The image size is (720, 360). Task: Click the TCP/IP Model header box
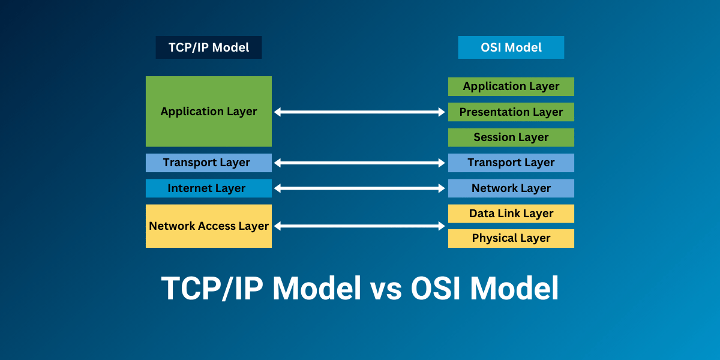point(208,47)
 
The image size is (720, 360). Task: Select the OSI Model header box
point(511,47)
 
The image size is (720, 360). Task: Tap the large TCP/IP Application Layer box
point(208,112)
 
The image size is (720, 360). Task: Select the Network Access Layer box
point(208,226)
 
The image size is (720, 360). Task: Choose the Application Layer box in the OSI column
point(511,86)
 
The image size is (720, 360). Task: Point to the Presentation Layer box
point(511,112)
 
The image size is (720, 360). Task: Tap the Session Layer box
point(511,137)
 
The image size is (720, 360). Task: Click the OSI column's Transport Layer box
point(511,163)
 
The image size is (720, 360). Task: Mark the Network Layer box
point(511,188)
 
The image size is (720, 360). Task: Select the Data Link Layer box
point(511,214)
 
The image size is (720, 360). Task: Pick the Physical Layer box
point(511,238)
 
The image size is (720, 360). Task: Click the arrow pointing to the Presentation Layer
point(359,112)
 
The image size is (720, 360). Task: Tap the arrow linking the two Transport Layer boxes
point(359,163)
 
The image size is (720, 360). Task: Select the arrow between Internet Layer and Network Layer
point(359,188)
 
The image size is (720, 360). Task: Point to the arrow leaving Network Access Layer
point(359,226)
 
